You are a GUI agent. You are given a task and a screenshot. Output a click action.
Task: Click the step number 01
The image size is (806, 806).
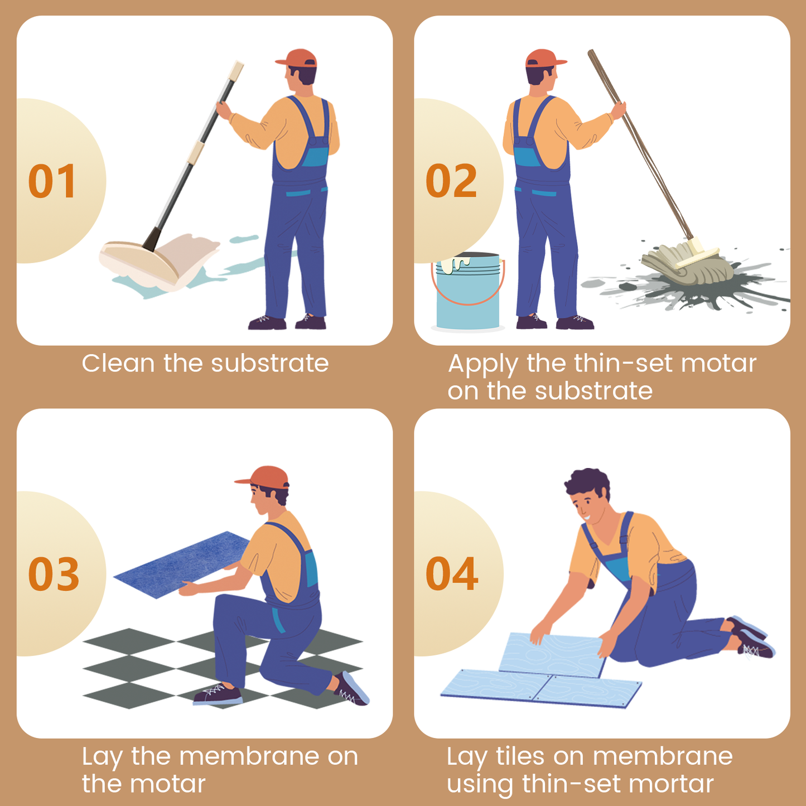[52, 181]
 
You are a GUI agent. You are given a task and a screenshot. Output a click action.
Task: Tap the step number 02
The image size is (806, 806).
[451, 181]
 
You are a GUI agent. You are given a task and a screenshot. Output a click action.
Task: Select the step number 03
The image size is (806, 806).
[54, 574]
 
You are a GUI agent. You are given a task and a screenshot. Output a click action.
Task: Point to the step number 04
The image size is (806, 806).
[452, 574]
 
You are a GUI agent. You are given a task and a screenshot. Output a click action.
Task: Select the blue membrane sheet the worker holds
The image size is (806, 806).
[182, 564]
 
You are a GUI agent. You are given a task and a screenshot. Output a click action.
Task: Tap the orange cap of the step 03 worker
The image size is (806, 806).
[263, 477]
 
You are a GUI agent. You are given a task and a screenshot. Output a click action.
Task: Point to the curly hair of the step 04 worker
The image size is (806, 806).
[588, 485]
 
